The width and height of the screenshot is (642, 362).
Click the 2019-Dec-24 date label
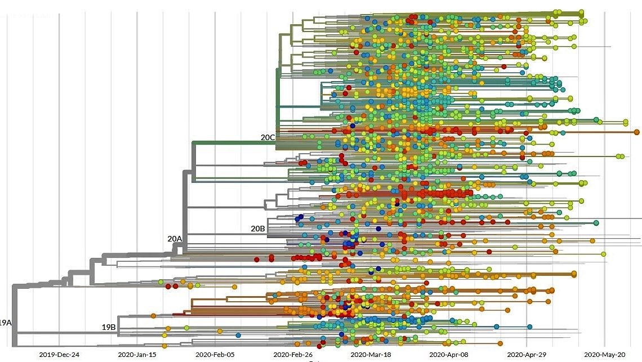tap(60, 355)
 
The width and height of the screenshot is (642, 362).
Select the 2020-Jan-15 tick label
tap(137, 355)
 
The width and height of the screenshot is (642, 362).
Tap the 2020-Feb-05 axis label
tap(215, 355)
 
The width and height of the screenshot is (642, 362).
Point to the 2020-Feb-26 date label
tap(293, 355)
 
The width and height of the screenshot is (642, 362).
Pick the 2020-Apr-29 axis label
tap(527, 355)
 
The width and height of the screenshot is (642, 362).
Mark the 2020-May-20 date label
tap(604, 355)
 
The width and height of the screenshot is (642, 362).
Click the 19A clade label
tap(5, 323)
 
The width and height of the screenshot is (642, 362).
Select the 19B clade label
tap(109, 327)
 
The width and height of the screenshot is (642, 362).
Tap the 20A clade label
tap(175, 239)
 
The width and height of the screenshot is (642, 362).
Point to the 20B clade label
tap(258, 229)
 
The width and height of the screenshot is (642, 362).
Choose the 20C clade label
tap(267, 137)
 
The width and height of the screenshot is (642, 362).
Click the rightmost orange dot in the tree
tap(636, 132)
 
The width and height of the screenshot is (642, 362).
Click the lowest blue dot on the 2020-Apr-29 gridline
tap(530, 327)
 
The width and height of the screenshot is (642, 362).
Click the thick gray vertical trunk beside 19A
tap(14, 315)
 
